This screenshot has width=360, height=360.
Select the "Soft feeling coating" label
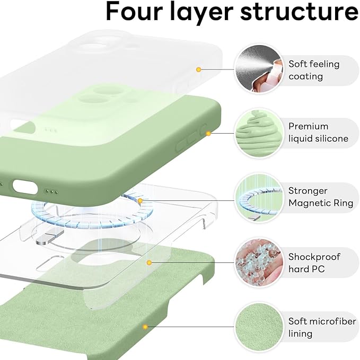coord(314,70)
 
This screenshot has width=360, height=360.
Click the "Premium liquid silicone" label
coord(318,133)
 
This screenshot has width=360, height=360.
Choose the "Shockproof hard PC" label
coord(314,263)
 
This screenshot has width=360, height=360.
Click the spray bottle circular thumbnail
coord(257,68)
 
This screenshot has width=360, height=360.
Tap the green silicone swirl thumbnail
coord(257,133)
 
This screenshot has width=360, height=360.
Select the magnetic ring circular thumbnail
coord(257,198)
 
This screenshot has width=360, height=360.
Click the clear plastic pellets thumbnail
coord(257,262)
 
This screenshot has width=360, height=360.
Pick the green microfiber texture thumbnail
coord(257,327)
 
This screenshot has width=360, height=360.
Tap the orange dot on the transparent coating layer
coord(198,69)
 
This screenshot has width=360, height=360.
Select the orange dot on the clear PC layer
coord(150,262)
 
